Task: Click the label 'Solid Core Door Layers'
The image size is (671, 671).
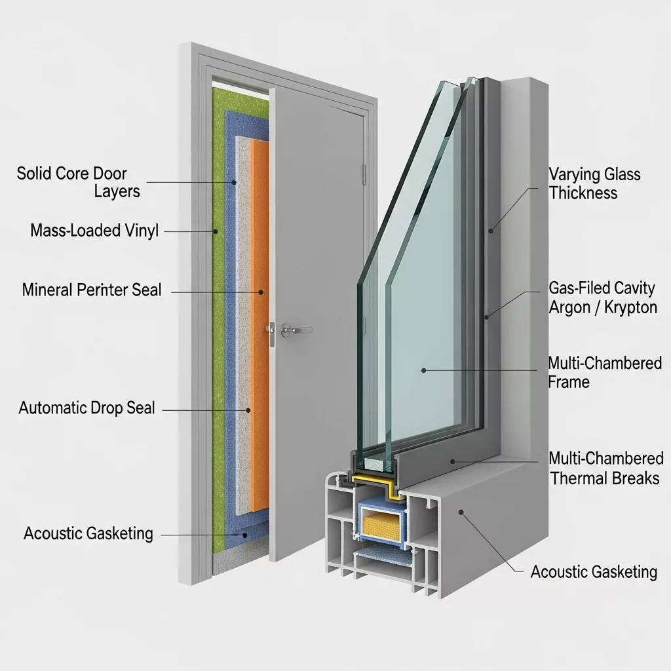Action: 72,182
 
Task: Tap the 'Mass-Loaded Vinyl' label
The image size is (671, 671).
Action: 94,231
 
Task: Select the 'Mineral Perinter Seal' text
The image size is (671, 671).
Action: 92,290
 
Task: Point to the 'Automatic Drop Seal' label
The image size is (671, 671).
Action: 86,408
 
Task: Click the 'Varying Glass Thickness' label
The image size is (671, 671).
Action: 594,183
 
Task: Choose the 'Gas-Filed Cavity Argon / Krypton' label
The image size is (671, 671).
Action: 602,297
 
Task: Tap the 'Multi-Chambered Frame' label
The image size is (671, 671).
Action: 604,372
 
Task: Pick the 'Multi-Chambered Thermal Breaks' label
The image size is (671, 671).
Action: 605,468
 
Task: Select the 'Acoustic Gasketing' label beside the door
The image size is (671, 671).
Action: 88,533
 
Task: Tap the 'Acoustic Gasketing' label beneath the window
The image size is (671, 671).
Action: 594,571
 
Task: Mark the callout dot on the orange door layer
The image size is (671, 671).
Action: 260,292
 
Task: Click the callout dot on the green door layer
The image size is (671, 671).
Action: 215,231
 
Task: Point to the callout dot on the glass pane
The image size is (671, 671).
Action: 423,371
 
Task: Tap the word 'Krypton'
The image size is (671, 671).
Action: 629,307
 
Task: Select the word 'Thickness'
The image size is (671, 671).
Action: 583,193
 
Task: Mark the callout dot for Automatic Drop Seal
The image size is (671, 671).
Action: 248,410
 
